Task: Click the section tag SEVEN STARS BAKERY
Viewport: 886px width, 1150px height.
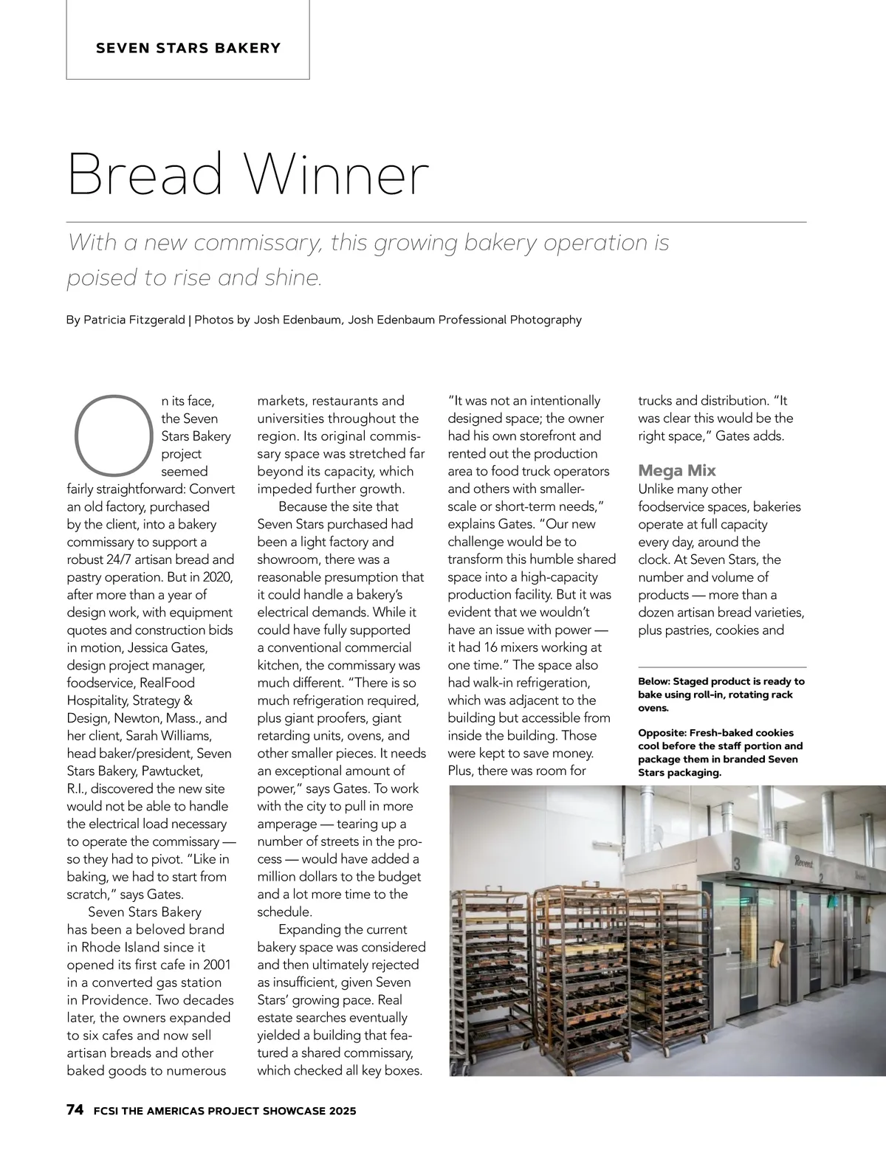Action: point(188,49)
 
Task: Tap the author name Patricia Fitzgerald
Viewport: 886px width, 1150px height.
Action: point(134,320)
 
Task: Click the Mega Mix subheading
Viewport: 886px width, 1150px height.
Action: point(676,471)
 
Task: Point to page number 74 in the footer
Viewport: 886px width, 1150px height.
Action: point(75,1110)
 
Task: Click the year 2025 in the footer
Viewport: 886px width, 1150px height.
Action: point(343,1111)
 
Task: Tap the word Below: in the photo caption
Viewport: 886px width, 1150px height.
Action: point(654,681)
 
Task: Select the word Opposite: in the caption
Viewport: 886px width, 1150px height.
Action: point(664,733)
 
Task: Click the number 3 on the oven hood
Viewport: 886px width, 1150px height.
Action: point(736,862)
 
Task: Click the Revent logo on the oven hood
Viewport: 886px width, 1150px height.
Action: point(804,861)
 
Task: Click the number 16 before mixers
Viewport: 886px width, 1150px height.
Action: point(486,647)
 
